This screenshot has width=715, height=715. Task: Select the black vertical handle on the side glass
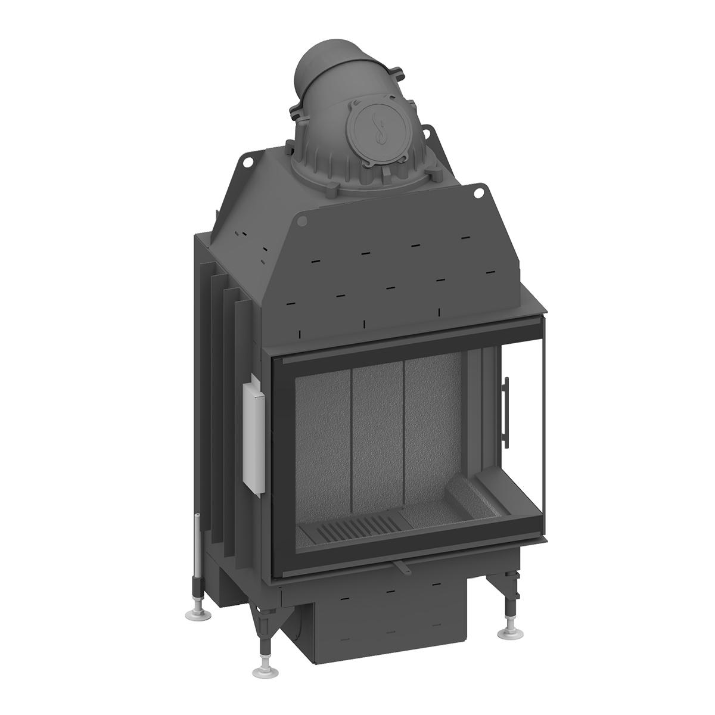point(506,411)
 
